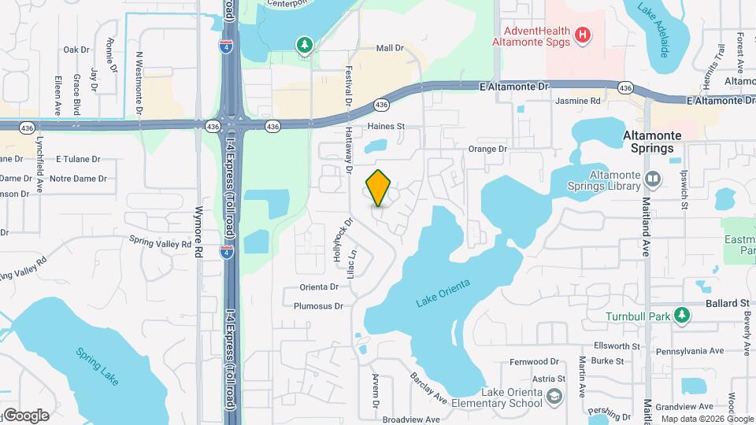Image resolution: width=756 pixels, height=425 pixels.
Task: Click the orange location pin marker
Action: coord(379,188)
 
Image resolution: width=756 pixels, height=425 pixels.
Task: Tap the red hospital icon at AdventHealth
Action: coord(583,34)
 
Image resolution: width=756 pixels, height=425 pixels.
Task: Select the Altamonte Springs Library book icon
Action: coord(653,179)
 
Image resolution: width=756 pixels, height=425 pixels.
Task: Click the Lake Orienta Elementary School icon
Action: coord(555,395)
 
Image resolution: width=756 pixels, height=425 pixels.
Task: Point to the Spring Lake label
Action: coord(98,366)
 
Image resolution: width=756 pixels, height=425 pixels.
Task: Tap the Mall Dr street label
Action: coord(390,48)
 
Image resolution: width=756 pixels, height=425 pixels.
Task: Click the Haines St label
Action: coord(385,126)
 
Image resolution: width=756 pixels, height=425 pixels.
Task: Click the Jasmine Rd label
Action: coord(578,102)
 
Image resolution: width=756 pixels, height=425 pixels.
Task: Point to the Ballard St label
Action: coord(727,303)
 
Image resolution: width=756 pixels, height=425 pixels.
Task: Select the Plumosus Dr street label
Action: coord(319,306)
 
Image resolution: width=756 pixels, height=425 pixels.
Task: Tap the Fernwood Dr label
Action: coord(534,362)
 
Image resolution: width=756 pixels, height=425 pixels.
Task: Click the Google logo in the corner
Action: coord(25,415)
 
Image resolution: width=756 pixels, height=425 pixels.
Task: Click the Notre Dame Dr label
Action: coord(78,179)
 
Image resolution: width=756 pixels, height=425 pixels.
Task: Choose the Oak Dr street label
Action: coord(76,50)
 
